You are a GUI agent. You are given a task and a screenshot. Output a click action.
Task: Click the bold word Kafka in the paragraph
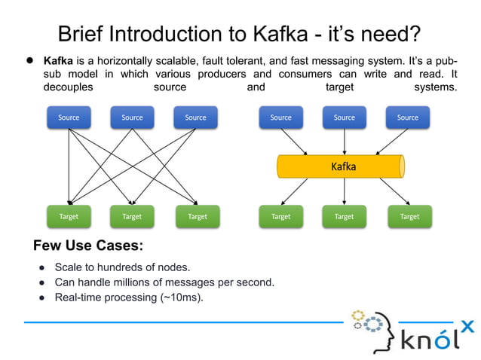(x=58, y=60)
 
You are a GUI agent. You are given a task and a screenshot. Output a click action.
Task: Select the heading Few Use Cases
(x=88, y=246)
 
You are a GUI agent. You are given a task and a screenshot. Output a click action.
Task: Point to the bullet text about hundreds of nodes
(x=122, y=267)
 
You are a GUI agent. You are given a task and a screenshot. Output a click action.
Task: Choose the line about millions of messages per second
(x=164, y=282)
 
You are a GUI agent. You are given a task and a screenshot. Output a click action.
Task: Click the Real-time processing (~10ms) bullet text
(x=129, y=297)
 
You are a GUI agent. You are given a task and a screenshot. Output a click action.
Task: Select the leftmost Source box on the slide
(x=69, y=117)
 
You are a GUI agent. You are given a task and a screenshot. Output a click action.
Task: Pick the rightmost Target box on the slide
(x=409, y=217)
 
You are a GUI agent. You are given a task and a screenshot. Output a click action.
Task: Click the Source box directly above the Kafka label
(x=344, y=117)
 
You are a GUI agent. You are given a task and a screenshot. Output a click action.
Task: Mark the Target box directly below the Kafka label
(x=344, y=217)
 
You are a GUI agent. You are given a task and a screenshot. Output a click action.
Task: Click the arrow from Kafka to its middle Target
(x=345, y=191)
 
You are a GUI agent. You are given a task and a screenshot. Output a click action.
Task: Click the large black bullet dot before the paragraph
(x=32, y=60)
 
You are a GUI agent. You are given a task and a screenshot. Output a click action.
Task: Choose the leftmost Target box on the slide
(x=69, y=217)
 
